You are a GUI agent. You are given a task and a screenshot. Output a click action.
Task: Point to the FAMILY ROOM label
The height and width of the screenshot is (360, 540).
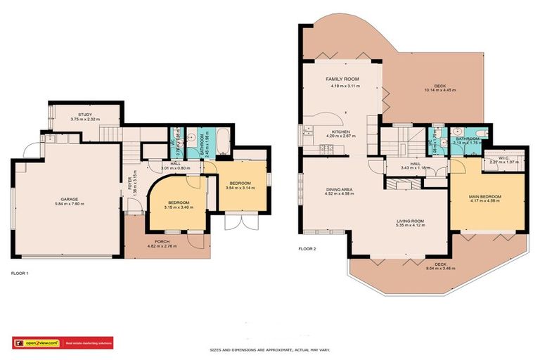pyautogui.click(x=342, y=79)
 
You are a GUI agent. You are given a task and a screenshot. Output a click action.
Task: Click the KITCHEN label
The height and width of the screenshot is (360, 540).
pyautogui.click(x=342, y=131)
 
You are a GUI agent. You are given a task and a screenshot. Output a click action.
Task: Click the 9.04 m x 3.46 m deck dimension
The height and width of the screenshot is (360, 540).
pyautogui.click(x=440, y=269)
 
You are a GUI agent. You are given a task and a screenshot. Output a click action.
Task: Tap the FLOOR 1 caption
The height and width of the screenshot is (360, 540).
pyautogui.click(x=21, y=273)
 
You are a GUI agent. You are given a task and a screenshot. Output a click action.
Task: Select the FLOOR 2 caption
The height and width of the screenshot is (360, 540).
pyautogui.click(x=307, y=248)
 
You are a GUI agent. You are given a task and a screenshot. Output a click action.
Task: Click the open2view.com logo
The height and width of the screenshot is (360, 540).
pyautogui.click(x=37, y=343)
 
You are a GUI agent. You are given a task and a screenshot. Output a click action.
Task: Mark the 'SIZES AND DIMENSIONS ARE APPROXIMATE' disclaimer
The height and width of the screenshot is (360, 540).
pyautogui.click(x=269, y=349)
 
